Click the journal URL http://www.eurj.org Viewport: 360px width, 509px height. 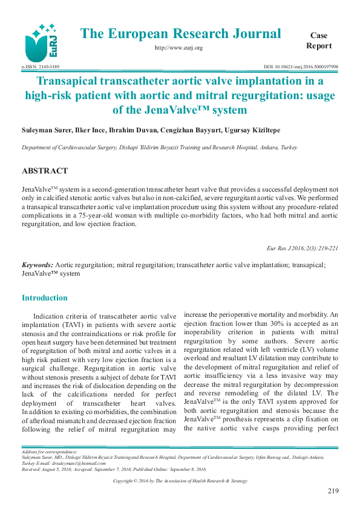click(x=178, y=47)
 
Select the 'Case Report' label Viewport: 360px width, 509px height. click(x=319, y=41)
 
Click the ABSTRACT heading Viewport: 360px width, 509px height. click(x=45, y=171)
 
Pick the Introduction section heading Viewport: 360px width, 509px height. click(x=45, y=298)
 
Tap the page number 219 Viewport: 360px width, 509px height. click(x=332, y=491)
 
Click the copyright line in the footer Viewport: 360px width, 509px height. click(x=180, y=481)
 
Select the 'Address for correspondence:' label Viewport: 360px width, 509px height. click(x=49, y=452)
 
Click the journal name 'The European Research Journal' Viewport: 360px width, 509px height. click(x=180, y=34)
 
